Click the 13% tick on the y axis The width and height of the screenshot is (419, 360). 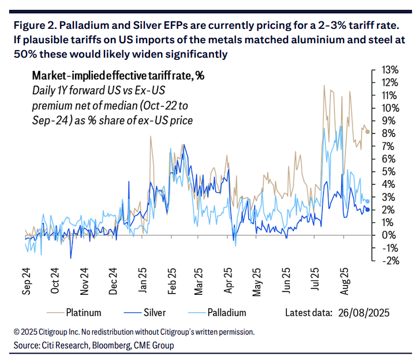point(387,70)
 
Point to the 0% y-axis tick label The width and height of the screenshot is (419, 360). point(387,235)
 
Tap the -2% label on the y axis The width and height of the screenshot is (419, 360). point(387,260)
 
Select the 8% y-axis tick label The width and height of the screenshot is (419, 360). point(387,133)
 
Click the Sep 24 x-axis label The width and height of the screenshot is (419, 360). point(26,282)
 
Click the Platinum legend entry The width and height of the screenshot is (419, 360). point(84,313)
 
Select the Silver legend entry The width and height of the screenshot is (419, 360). point(154,313)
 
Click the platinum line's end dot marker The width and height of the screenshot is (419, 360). point(368,132)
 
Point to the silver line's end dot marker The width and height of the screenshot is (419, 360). point(368,209)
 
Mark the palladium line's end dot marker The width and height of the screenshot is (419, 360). point(368,201)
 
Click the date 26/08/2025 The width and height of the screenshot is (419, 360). point(364,313)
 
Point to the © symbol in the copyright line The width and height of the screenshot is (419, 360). point(16,332)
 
